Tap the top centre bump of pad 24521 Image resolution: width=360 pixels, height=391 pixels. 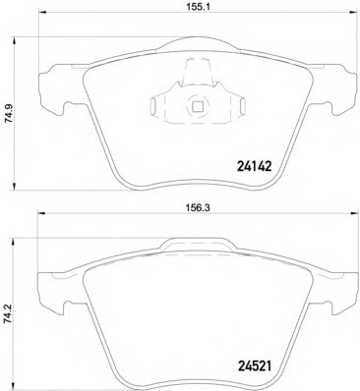click(198, 244)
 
